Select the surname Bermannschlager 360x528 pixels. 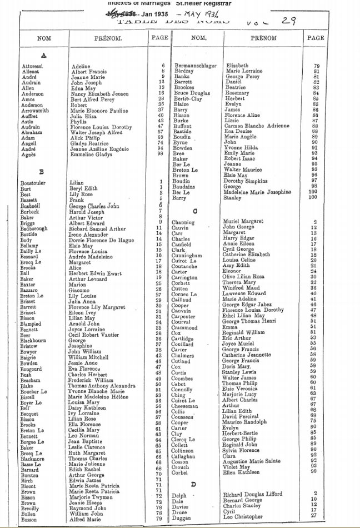[196, 66]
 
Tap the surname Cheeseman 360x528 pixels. [188, 406]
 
